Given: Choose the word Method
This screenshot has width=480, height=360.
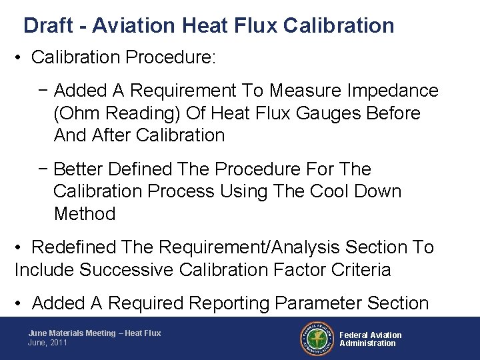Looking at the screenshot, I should point(85,214).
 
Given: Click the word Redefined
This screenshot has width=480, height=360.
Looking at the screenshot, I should point(74,247).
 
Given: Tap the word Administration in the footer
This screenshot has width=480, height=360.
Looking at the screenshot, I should point(367,343).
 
